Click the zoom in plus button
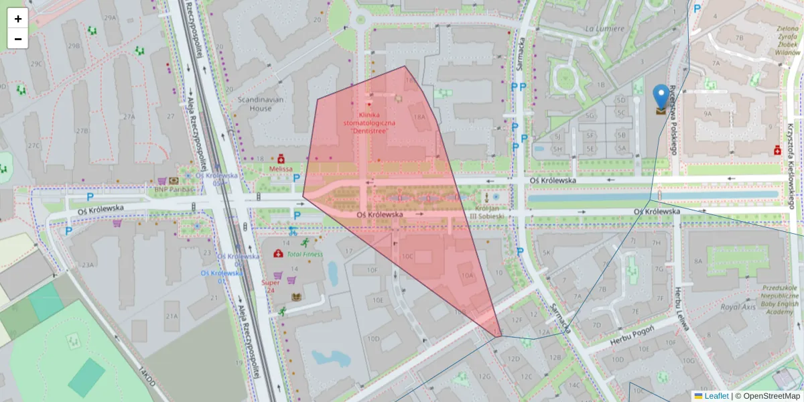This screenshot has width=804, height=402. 18,19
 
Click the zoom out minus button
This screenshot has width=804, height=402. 18,39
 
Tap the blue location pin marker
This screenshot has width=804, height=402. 661,97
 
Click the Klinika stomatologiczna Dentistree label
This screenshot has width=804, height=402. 369,123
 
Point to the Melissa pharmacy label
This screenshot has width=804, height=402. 281,169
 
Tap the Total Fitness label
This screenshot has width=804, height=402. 304,254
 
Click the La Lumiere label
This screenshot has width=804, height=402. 604,29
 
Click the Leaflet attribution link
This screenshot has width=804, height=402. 716,396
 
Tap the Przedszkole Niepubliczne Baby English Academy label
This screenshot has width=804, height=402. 780,293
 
